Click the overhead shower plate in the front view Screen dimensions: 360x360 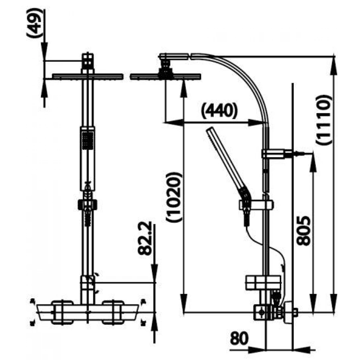pos(87,76)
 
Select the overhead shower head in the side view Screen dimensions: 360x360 pos(165,76)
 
